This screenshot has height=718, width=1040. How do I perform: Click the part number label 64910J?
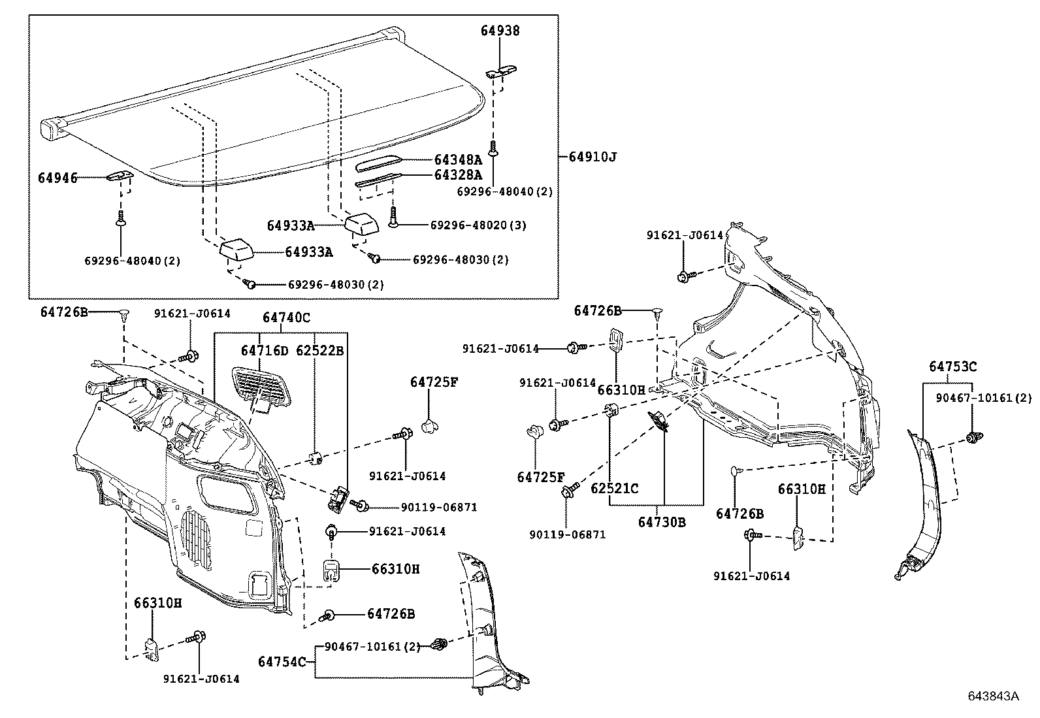(592, 157)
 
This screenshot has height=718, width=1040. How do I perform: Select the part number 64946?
(57, 178)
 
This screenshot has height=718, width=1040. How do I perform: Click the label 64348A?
(458, 159)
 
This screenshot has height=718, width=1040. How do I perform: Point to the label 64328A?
(458, 175)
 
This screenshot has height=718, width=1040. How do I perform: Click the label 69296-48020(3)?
(478, 225)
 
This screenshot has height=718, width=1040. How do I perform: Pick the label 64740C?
(286, 318)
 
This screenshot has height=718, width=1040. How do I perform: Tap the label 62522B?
(319, 351)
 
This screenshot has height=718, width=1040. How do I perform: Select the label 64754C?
(282, 662)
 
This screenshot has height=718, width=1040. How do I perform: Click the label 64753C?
(952, 367)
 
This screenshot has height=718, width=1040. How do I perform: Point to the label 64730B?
(662, 522)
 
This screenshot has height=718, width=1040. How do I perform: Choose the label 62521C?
(615, 488)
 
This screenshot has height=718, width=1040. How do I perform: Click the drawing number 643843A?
(993, 696)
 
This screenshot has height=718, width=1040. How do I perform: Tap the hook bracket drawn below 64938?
(501, 71)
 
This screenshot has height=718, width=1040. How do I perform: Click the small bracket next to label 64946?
(120, 177)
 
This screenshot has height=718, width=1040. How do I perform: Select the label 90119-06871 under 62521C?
(567, 534)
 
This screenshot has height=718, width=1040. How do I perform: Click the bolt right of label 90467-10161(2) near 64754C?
(440, 645)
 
